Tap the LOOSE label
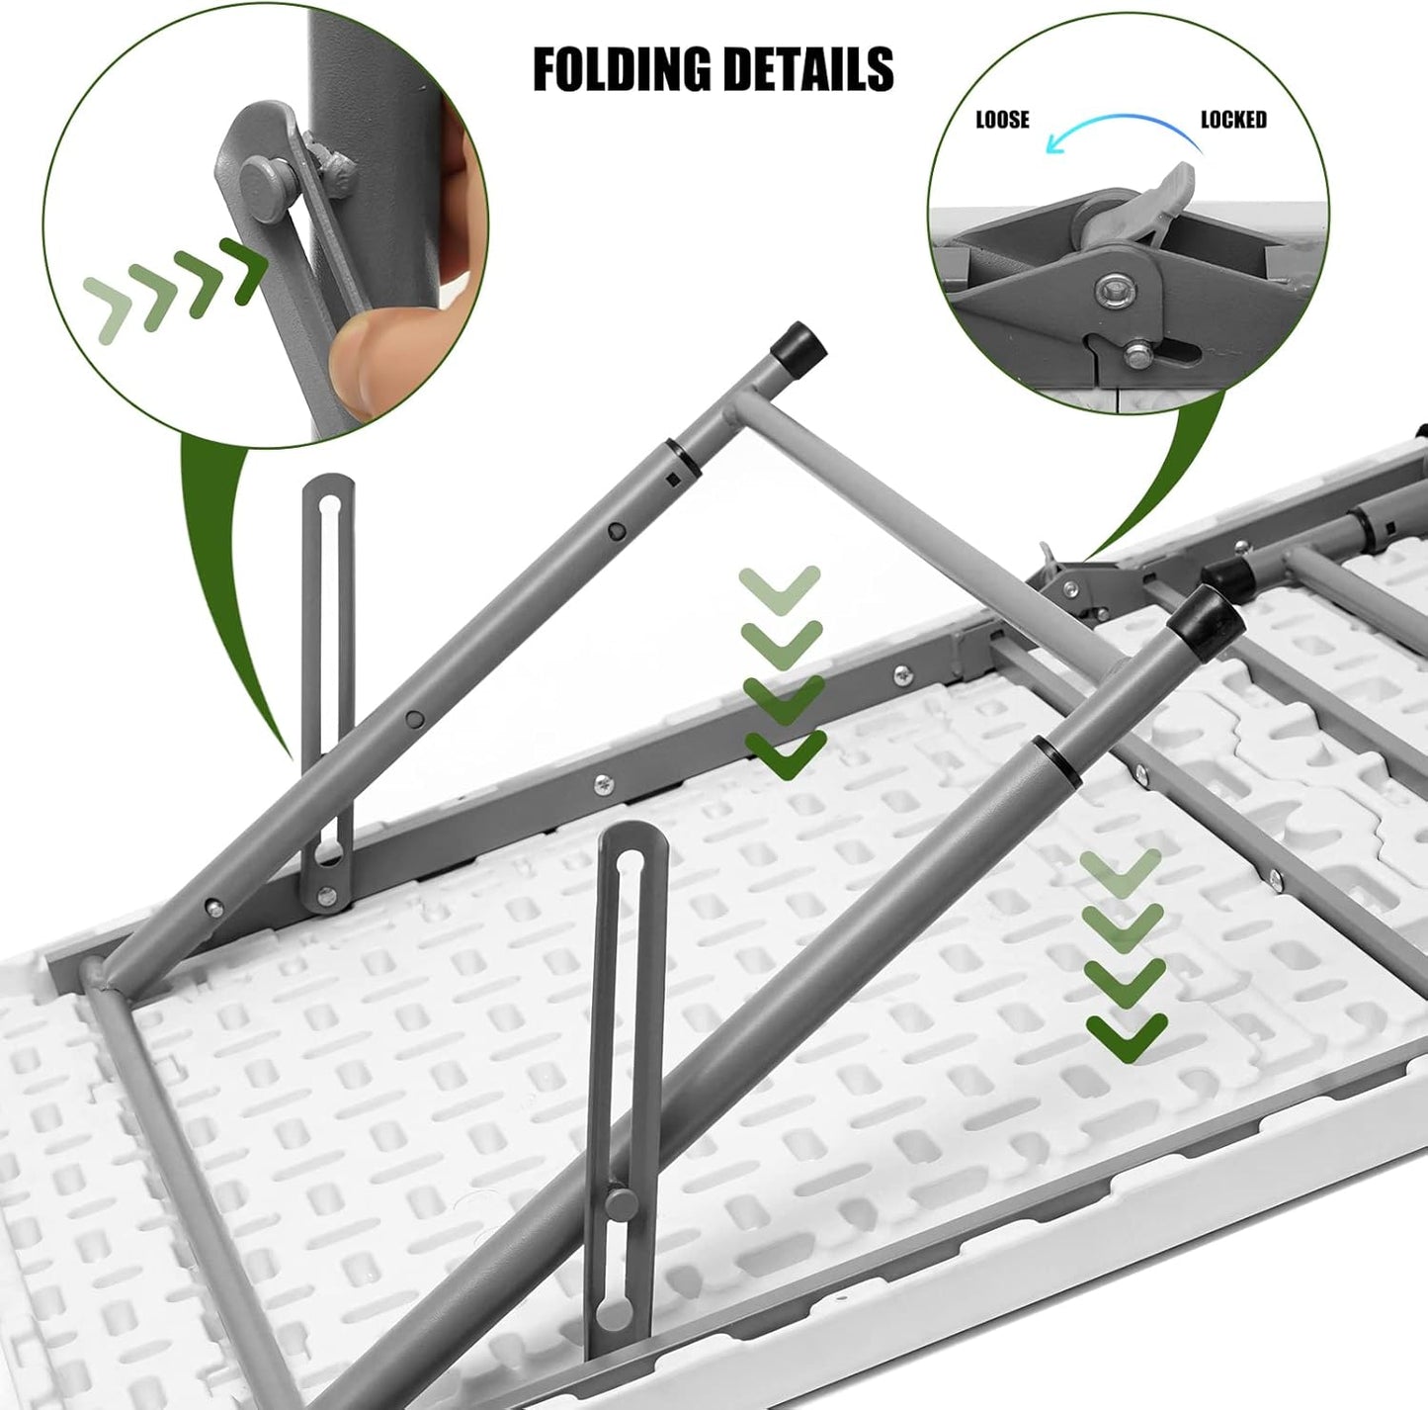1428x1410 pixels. coord(1002,120)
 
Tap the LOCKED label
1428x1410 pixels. coord(1232,120)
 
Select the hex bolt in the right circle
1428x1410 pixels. coord(1116,292)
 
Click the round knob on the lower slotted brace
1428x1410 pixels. coord(621,1203)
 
